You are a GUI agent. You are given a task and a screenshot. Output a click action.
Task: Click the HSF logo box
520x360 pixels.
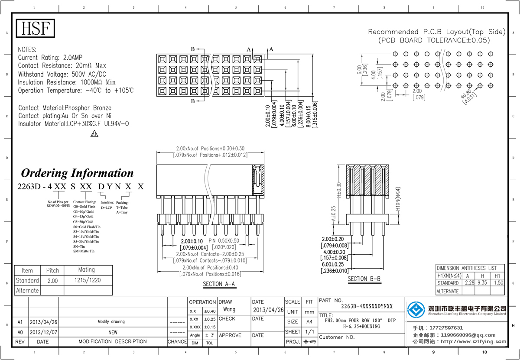(36, 29)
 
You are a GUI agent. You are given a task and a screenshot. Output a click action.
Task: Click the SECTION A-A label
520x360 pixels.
(219, 284)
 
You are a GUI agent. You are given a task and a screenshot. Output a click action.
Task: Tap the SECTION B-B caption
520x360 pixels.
(364, 279)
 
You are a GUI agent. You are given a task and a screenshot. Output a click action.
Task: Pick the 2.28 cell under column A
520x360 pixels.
(469, 282)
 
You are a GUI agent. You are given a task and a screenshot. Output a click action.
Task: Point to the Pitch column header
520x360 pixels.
(52, 270)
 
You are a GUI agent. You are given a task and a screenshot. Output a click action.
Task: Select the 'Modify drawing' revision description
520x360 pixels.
(111, 322)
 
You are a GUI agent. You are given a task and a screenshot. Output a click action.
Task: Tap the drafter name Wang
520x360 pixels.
(229, 310)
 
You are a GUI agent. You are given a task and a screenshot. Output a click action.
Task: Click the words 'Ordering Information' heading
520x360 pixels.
(77, 173)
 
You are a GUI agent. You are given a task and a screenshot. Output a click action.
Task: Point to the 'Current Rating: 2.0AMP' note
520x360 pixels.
(50, 58)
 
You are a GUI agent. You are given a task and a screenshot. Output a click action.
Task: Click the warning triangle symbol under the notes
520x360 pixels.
(94, 134)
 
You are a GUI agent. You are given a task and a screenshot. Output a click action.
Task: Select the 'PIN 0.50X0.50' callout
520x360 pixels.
(224, 241)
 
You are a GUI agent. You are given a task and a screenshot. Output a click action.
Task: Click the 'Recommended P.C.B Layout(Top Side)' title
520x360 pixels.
(437, 32)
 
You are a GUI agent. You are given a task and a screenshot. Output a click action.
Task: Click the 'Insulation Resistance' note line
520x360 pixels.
(67, 82)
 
